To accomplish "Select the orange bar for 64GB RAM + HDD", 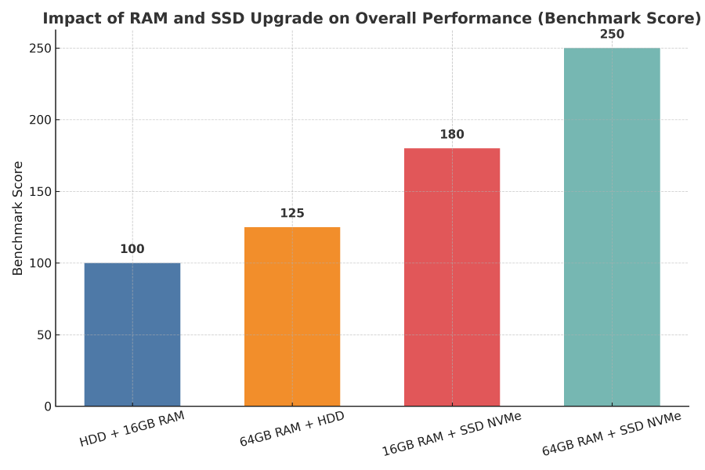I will [292, 316].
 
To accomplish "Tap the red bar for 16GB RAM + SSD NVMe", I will [452, 277].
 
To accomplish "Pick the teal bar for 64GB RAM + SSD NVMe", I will [612, 227].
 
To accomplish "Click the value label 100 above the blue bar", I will [132, 249].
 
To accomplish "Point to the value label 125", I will [292, 213].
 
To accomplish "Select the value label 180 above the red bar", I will [452, 135].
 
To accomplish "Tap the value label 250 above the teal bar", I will [612, 34].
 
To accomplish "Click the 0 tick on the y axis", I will [47, 407].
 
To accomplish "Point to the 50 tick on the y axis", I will [44, 335].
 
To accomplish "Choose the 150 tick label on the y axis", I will [41, 192].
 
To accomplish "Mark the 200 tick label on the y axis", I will [41, 120].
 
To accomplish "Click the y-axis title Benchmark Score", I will [18, 218].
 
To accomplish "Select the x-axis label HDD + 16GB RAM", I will [132, 429].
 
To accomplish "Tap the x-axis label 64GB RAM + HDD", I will [292, 429].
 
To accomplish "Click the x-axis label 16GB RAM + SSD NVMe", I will [452, 434].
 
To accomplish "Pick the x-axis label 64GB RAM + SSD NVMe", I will [612, 434].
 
